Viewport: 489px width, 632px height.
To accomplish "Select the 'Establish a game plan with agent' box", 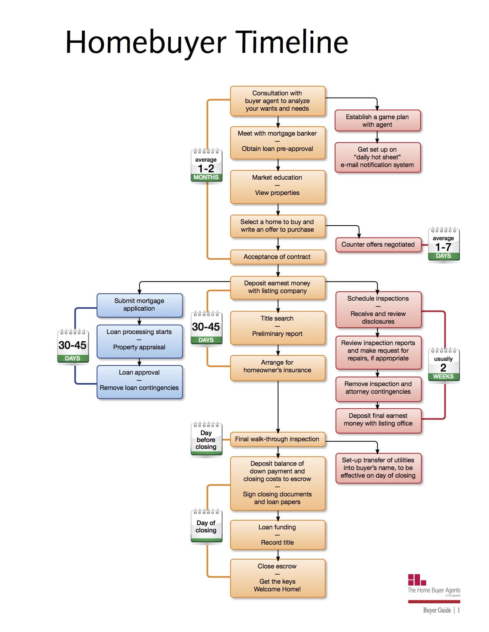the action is [377, 120].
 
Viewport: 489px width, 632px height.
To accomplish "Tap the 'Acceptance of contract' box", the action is [277, 257].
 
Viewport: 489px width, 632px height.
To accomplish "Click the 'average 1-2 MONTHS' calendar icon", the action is [206, 165].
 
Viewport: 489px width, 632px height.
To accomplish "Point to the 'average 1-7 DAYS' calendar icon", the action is [444, 244].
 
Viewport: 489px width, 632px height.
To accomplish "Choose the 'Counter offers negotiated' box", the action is [378, 245].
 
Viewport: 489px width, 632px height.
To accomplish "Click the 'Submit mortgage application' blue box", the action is [140, 305].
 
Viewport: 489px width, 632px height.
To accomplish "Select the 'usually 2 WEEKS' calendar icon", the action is [444, 364].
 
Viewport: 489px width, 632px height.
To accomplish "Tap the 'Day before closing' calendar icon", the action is [206, 439].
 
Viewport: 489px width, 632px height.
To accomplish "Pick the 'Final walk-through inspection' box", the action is [277, 439].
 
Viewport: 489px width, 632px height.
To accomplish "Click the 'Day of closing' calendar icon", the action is [206, 526].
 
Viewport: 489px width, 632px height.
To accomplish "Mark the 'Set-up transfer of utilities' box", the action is [378, 468].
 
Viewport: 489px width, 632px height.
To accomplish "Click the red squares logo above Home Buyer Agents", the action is [417, 580].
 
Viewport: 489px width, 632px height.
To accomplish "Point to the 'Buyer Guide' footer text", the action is [437, 610].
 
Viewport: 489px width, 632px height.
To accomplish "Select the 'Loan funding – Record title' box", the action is [277, 535].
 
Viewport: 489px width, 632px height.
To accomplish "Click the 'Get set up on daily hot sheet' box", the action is [377, 157].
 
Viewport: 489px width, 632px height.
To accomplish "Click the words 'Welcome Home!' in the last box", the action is [277, 589].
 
